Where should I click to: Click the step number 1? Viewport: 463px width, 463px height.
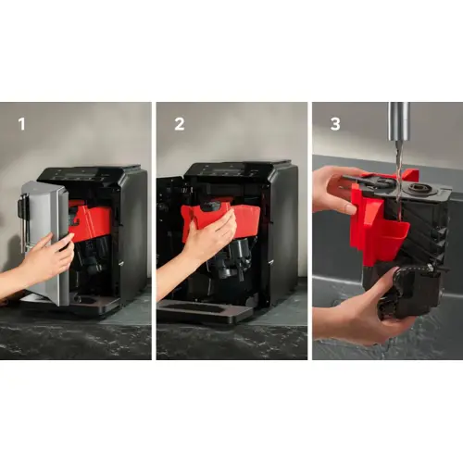21,124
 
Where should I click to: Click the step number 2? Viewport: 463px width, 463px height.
180,124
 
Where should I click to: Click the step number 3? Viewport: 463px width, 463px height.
335,124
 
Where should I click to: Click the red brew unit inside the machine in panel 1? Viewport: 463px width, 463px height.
91,219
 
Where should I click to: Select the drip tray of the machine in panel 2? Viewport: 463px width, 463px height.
204,310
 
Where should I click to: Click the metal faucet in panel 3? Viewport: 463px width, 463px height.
399,124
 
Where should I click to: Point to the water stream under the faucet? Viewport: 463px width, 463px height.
398,185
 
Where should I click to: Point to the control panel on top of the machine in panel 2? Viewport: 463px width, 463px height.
230,170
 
